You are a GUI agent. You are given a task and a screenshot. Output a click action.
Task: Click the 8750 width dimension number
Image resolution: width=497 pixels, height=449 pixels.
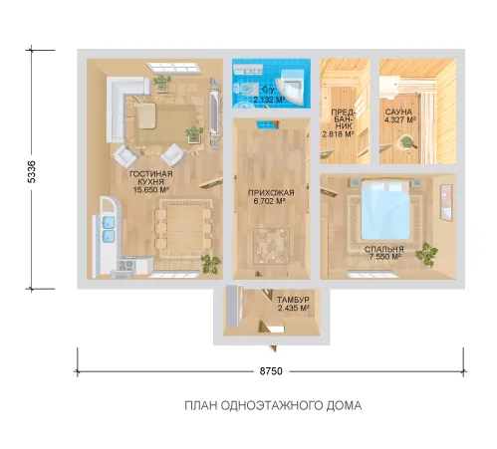(271, 371)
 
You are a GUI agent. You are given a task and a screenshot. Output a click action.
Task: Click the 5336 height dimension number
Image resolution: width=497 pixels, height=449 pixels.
(32, 171)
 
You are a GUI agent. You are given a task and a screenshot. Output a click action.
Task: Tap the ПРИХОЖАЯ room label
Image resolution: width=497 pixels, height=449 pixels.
(271, 192)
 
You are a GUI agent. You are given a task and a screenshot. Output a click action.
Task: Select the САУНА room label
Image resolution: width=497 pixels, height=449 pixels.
(398, 112)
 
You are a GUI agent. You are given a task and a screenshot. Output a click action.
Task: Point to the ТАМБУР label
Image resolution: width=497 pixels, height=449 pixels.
(293, 300)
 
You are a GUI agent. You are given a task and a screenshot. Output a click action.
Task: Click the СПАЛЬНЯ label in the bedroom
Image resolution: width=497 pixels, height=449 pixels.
(384, 249)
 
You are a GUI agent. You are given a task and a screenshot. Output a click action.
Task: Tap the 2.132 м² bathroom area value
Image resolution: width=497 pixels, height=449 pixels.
(270, 100)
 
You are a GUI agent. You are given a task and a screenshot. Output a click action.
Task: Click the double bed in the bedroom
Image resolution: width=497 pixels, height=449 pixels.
(384, 210)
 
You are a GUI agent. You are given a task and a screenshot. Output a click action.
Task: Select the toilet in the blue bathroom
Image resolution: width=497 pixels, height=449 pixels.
(243, 89)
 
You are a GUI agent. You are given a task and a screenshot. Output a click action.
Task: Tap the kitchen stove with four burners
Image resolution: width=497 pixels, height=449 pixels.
(126, 265)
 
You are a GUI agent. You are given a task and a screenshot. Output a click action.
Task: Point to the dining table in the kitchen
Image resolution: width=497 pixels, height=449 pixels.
(183, 229)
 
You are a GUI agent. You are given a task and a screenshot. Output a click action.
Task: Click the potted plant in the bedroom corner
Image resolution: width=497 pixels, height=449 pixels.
(426, 254)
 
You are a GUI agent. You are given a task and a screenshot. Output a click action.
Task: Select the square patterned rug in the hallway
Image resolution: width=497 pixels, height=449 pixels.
(271, 246)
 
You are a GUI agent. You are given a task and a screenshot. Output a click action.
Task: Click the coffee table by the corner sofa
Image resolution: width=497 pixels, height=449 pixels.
(147, 115)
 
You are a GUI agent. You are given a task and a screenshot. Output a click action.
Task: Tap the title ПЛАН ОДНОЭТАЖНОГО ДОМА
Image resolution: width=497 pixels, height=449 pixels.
(273, 405)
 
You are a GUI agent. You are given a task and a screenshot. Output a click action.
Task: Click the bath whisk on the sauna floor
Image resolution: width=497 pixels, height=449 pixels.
(405, 143)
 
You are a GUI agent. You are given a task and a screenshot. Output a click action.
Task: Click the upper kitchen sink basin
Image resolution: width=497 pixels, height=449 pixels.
(109, 222)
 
